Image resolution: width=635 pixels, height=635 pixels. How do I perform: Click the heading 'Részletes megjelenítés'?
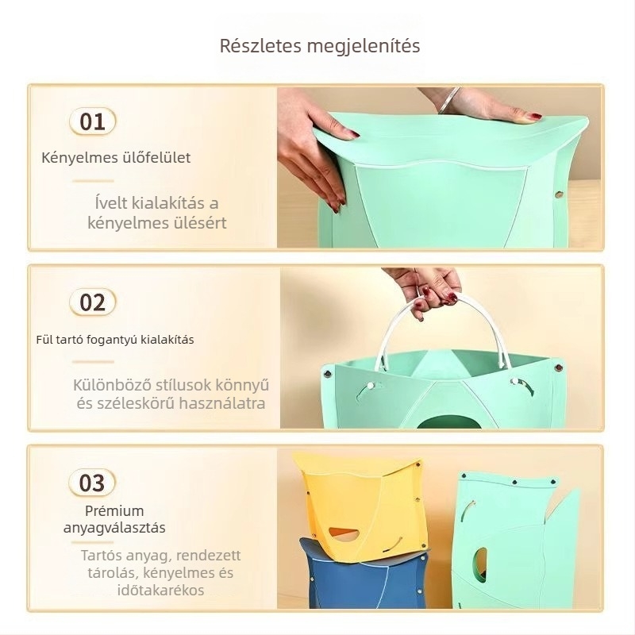pos(320,46)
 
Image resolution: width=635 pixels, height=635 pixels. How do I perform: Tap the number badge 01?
pos(92,121)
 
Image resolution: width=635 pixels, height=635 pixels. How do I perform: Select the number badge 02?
pos(92,302)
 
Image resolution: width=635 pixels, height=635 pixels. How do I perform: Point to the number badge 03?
pos(92,483)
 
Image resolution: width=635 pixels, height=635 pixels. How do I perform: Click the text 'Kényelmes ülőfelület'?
pos(116,157)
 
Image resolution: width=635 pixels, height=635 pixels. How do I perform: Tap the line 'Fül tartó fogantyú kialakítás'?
pos(115,340)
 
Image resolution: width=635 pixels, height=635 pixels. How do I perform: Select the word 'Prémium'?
pos(114,510)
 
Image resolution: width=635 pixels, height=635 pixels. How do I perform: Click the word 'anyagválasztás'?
pos(114,528)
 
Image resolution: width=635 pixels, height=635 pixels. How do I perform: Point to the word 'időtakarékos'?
pos(161,590)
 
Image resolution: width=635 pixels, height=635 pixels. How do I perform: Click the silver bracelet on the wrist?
pos(448,100)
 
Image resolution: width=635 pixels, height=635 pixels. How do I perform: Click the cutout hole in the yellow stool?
pos(344,534)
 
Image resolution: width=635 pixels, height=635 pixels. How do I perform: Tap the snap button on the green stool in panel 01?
pos(560,194)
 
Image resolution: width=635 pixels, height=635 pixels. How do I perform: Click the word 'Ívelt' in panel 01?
pos(111,203)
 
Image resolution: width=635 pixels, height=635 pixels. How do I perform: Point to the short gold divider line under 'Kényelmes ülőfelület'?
pos(93,181)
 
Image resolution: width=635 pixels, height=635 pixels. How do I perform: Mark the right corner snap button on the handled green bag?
pos(559,368)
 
